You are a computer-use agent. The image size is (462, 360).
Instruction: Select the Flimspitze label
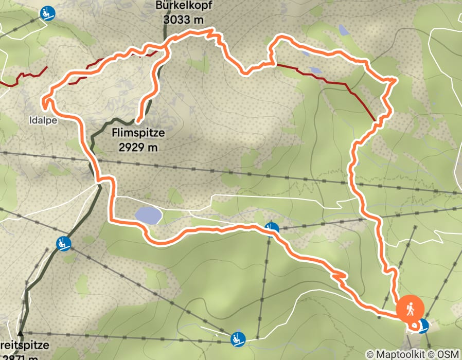(x=138, y=133)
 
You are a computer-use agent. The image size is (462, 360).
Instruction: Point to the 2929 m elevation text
(x=138, y=147)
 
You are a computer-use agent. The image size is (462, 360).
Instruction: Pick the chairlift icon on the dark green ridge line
(x=64, y=242)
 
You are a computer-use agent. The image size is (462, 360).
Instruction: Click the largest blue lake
(x=148, y=215)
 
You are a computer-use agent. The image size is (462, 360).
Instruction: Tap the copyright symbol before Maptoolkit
(x=370, y=354)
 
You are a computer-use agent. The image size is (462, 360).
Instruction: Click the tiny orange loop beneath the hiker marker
(x=414, y=325)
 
